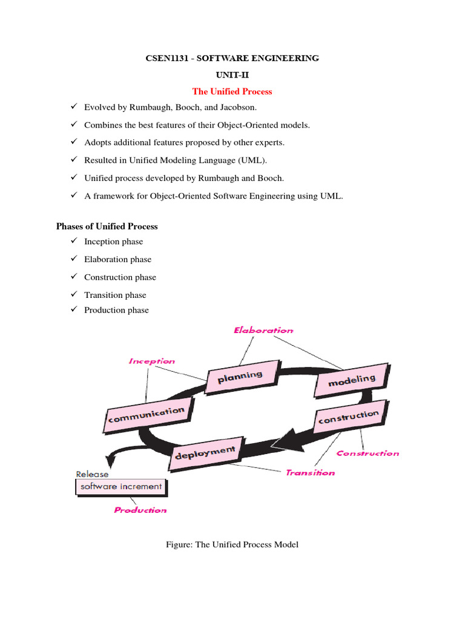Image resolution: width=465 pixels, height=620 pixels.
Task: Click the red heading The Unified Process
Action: pos(232,91)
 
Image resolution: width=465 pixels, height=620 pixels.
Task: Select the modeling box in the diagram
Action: pos(352,380)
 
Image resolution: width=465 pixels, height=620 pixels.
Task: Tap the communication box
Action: pos(145,415)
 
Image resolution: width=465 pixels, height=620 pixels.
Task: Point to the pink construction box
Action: pos(348,418)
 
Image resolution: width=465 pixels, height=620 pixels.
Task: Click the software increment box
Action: pos(121,487)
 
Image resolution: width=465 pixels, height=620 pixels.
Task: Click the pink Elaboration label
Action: pos(263,331)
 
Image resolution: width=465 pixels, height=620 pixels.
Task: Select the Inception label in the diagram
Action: pos(151,361)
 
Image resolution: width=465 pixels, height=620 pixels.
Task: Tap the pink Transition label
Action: pos(310,473)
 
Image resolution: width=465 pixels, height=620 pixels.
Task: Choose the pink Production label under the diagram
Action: pos(140,510)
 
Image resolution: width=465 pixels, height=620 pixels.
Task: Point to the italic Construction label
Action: pos(368,453)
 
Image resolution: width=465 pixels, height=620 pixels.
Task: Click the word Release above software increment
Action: pos(92,474)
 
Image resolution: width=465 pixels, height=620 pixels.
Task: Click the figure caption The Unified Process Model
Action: pos(232,545)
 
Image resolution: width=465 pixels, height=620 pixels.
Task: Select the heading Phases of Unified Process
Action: pos(107,226)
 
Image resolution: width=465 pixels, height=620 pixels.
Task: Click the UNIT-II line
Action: pos(232,74)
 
